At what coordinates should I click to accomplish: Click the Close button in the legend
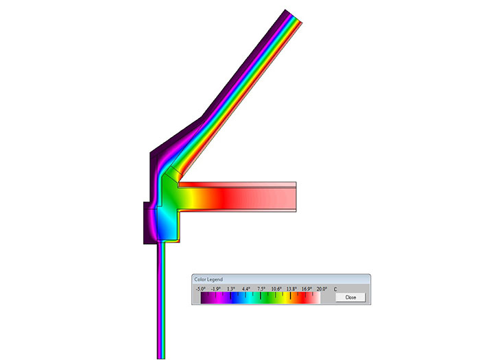tap(350, 297)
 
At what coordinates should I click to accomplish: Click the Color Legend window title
tap(208, 280)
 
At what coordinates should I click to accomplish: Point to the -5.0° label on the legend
tap(201, 289)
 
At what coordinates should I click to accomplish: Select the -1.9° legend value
tap(216, 289)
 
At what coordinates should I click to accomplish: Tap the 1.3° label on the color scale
tap(231, 289)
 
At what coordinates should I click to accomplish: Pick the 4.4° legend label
tap(246, 289)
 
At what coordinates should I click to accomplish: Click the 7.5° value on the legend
tap(261, 289)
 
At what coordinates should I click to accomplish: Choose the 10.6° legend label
tap(276, 289)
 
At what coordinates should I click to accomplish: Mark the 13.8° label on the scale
tap(291, 289)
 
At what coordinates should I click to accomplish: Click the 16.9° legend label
tap(307, 289)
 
